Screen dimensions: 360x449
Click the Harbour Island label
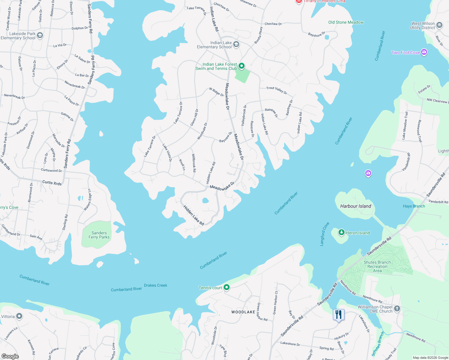pos(356,206)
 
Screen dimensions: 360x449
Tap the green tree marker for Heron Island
pos(341,232)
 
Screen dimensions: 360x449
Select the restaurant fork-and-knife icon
pos(339,315)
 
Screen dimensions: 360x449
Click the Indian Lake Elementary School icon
pos(236,45)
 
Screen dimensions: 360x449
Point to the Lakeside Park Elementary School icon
pos(40,36)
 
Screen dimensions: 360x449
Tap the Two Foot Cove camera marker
pos(424,52)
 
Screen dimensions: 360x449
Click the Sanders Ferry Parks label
pos(99,235)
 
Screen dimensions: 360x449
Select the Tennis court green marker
pos(227,287)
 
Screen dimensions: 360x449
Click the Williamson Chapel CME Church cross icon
pos(397,309)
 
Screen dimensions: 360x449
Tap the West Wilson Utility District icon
pos(439,25)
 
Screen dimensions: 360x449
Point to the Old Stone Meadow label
pos(346,22)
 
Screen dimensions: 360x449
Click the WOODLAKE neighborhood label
pos(243,312)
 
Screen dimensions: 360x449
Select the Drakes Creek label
pos(155,285)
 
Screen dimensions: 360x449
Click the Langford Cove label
pos(324,234)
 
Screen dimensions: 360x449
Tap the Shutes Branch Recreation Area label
pos(377,266)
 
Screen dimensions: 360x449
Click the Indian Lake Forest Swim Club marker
pos(242,66)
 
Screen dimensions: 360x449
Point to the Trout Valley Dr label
pos(277,90)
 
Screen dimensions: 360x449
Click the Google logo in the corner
pos(10,356)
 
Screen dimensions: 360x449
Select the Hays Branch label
pos(414,206)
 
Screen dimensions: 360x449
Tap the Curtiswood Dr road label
pos(51,170)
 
